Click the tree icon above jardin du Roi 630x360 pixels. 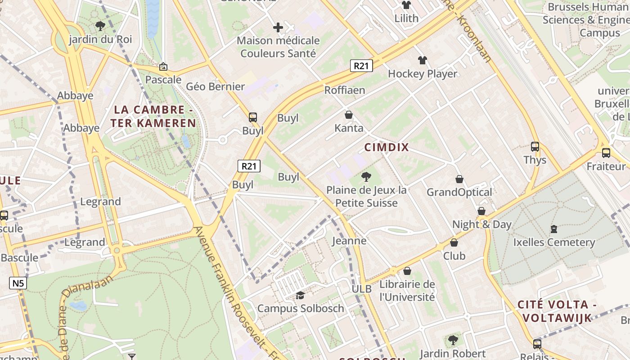click(100, 26)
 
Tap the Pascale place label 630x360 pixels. click(163, 80)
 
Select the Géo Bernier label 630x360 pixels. click(215, 86)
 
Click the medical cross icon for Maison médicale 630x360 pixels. click(278, 28)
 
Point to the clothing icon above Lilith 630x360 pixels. click(406, 5)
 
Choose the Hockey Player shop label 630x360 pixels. click(422, 74)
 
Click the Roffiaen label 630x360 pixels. click(345, 90)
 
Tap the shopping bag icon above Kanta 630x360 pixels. click(349, 115)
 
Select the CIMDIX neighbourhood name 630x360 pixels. click(387, 147)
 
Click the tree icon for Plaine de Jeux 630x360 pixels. click(366, 177)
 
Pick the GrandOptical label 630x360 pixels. click(459, 192)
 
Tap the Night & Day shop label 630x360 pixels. click(481, 224)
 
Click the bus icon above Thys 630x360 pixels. click(535, 147)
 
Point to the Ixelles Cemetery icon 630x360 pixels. click(554, 229)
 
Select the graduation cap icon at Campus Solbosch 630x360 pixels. click(300, 295)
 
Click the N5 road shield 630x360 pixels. click(18, 283)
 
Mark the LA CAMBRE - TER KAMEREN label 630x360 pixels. click(155, 117)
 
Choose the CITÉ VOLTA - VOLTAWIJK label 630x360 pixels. click(557, 311)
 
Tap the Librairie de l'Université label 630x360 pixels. click(407, 291)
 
